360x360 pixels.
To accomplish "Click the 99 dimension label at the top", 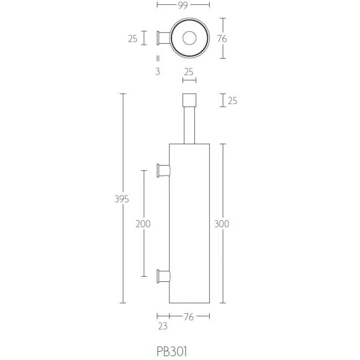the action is [183, 5].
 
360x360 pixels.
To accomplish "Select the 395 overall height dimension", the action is [122, 199].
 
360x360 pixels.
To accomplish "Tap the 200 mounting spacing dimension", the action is [143, 224].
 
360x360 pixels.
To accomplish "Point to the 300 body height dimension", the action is [222, 224].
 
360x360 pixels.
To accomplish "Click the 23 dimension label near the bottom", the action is [163, 326].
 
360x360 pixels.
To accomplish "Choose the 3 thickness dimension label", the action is [157, 71].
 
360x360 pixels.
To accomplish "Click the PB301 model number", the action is [172, 351].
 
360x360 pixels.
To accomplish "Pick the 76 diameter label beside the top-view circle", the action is [222, 39].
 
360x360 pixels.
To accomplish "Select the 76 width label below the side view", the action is [189, 317].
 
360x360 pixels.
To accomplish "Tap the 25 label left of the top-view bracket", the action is [133, 39].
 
